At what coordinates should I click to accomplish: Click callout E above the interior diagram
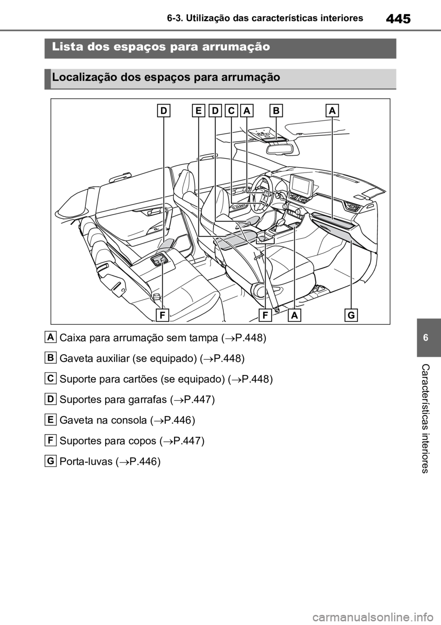coord(198,111)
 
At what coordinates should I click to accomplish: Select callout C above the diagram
coord(231,111)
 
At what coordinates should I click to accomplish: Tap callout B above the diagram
coord(277,111)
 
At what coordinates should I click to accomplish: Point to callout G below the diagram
coord(351,315)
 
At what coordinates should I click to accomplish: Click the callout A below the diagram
coord(294,315)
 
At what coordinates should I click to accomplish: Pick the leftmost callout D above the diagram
coord(164,111)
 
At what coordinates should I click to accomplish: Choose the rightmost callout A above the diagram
coord(333,111)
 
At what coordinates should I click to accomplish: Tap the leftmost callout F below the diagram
coord(162,315)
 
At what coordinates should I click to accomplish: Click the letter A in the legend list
coord(51,337)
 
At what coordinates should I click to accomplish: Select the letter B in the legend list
coord(51,357)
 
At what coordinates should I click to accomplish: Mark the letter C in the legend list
coord(51,378)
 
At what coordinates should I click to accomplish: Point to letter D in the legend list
coord(51,399)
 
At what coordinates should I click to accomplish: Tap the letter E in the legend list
coord(51,419)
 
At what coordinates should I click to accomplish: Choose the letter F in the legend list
coord(51,440)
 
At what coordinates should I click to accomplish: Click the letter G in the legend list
coord(51,461)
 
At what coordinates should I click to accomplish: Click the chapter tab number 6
coord(425,338)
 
